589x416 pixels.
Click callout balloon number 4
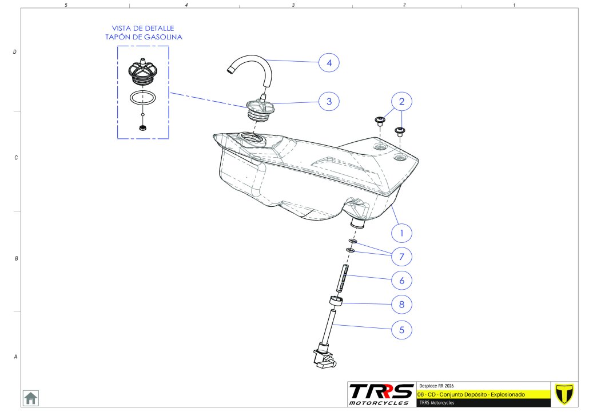coord(329,62)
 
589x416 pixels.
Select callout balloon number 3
coord(329,102)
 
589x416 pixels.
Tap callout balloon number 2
coord(401,102)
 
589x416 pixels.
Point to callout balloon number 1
coord(401,233)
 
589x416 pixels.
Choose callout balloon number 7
coord(401,257)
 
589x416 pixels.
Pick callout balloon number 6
coord(401,280)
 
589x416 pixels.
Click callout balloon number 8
coord(401,305)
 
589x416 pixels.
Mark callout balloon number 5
coord(401,329)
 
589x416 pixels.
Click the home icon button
coord(30,398)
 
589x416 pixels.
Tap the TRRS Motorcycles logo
coord(381,394)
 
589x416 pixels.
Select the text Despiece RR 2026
coord(437,385)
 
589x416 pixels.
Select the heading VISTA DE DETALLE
coord(143,28)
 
